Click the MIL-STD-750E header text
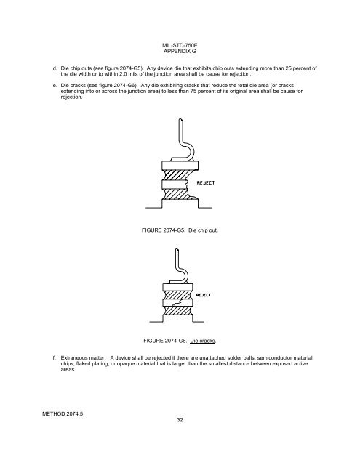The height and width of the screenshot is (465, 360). click(180, 45)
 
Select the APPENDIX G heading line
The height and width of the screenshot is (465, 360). click(180, 51)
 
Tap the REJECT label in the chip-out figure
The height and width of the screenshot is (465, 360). click(205, 182)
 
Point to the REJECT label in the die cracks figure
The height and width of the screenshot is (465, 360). click(204, 295)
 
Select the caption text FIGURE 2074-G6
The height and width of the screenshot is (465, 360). click(165, 341)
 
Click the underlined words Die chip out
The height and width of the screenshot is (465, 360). click(203, 230)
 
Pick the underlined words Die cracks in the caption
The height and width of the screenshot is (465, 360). click(203, 341)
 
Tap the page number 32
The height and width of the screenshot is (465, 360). click(180, 420)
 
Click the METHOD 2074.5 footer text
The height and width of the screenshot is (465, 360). click(63, 414)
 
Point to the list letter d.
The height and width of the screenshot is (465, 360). click(55, 68)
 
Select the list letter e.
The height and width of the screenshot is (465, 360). click(55, 86)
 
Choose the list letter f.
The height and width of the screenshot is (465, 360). click(55, 358)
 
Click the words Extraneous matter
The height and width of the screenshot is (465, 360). click(83, 358)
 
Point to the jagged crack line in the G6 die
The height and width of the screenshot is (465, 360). click(177, 303)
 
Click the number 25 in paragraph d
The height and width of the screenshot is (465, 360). click(288, 68)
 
